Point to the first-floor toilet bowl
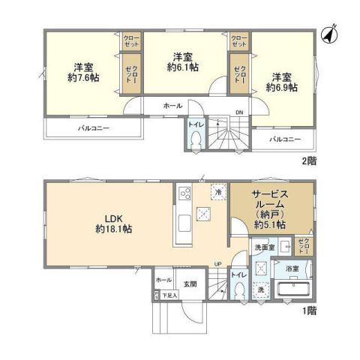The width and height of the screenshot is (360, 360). click(x=239, y=290)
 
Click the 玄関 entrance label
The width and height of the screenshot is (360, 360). click(x=190, y=284)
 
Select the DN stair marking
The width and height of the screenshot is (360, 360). click(x=239, y=113)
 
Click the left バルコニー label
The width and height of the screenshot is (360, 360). click(x=93, y=129)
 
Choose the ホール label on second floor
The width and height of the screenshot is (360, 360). click(x=172, y=106)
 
